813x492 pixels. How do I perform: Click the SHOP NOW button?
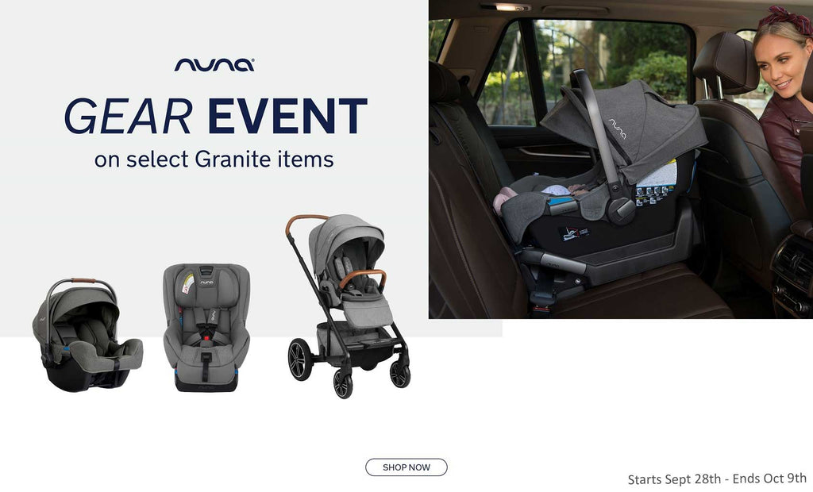point(406,467)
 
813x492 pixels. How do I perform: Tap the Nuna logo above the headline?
point(214,64)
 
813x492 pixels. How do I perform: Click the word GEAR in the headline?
point(128,116)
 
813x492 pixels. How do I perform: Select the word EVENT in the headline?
point(287,116)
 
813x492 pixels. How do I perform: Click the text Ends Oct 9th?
point(769,478)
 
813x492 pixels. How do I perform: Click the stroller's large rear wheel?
point(300,359)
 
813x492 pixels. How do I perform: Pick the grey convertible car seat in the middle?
point(206,328)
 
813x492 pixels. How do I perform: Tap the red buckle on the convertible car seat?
point(206,338)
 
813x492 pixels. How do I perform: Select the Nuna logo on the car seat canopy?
point(617,129)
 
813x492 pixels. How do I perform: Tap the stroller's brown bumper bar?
point(362,278)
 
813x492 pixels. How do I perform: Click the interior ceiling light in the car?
point(505,7)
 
